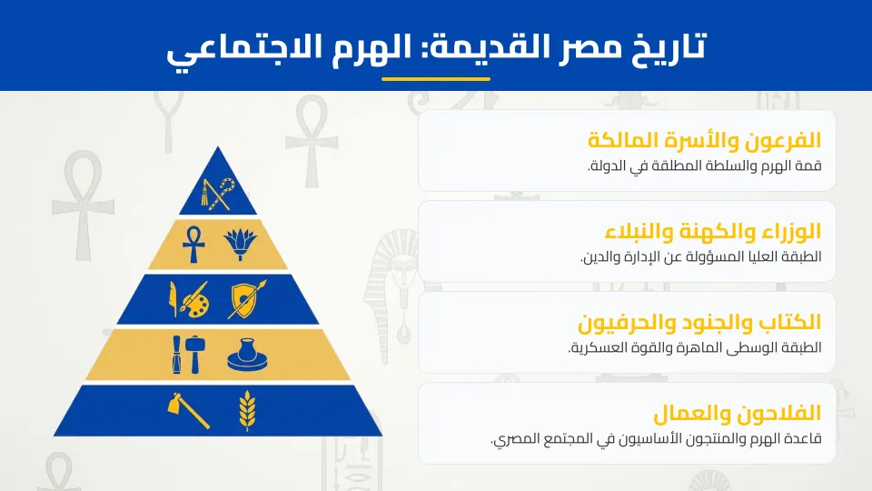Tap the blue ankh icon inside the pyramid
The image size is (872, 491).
tap(193, 244)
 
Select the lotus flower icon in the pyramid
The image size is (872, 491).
tap(242, 244)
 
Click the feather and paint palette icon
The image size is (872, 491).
tap(190, 299)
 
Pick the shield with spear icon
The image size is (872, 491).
tap(247, 299)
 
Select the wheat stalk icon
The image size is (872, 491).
tap(247, 409)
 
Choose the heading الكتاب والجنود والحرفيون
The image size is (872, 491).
tap(699, 322)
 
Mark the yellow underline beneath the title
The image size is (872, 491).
tap(436, 78)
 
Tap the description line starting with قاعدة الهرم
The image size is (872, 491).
tap(655, 439)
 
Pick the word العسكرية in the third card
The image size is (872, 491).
tap(603, 348)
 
